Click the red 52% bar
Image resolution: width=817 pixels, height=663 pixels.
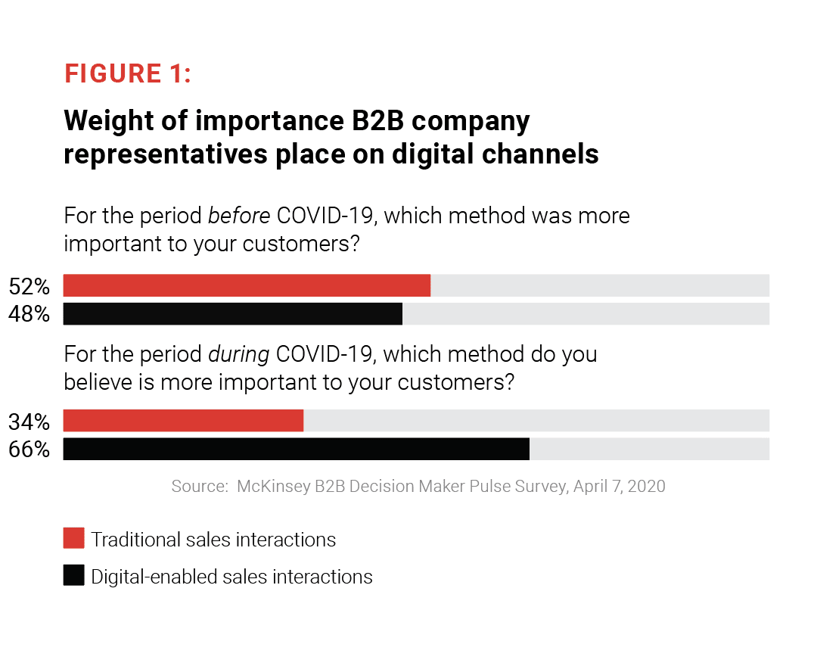(247, 285)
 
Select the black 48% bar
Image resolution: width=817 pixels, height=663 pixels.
(232, 313)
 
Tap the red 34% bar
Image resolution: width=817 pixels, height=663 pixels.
(183, 420)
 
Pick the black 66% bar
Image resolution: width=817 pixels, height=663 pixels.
(296, 449)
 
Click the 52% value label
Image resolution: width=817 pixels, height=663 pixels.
(30, 286)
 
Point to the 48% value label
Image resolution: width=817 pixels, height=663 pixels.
(30, 314)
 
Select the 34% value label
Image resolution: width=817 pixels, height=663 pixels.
(30, 421)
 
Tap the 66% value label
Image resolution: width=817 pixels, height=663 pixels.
(30, 450)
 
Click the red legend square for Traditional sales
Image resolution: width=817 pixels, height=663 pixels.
(73, 538)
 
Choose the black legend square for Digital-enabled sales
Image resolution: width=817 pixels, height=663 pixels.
(73, 575)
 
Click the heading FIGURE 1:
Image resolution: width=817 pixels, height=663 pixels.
(128, 73)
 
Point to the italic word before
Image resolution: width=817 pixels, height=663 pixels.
(239, 216)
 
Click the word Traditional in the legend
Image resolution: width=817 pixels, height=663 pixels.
(132, 540)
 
